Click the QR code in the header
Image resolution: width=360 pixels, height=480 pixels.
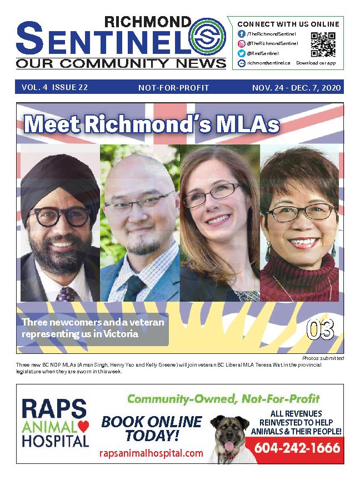click(x=323, y=44)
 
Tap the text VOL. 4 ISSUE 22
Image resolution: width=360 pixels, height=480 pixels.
click(x=55, y=87)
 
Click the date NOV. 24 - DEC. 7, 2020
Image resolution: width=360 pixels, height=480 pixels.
click(x=296, y=87)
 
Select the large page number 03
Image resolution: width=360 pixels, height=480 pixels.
click(x=321, y=330)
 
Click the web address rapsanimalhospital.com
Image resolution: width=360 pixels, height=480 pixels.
click(x=151, y=453)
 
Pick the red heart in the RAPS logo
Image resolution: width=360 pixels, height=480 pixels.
click(x=83, y=425)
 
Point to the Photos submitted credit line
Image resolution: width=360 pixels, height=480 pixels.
click(x=323, y=358)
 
